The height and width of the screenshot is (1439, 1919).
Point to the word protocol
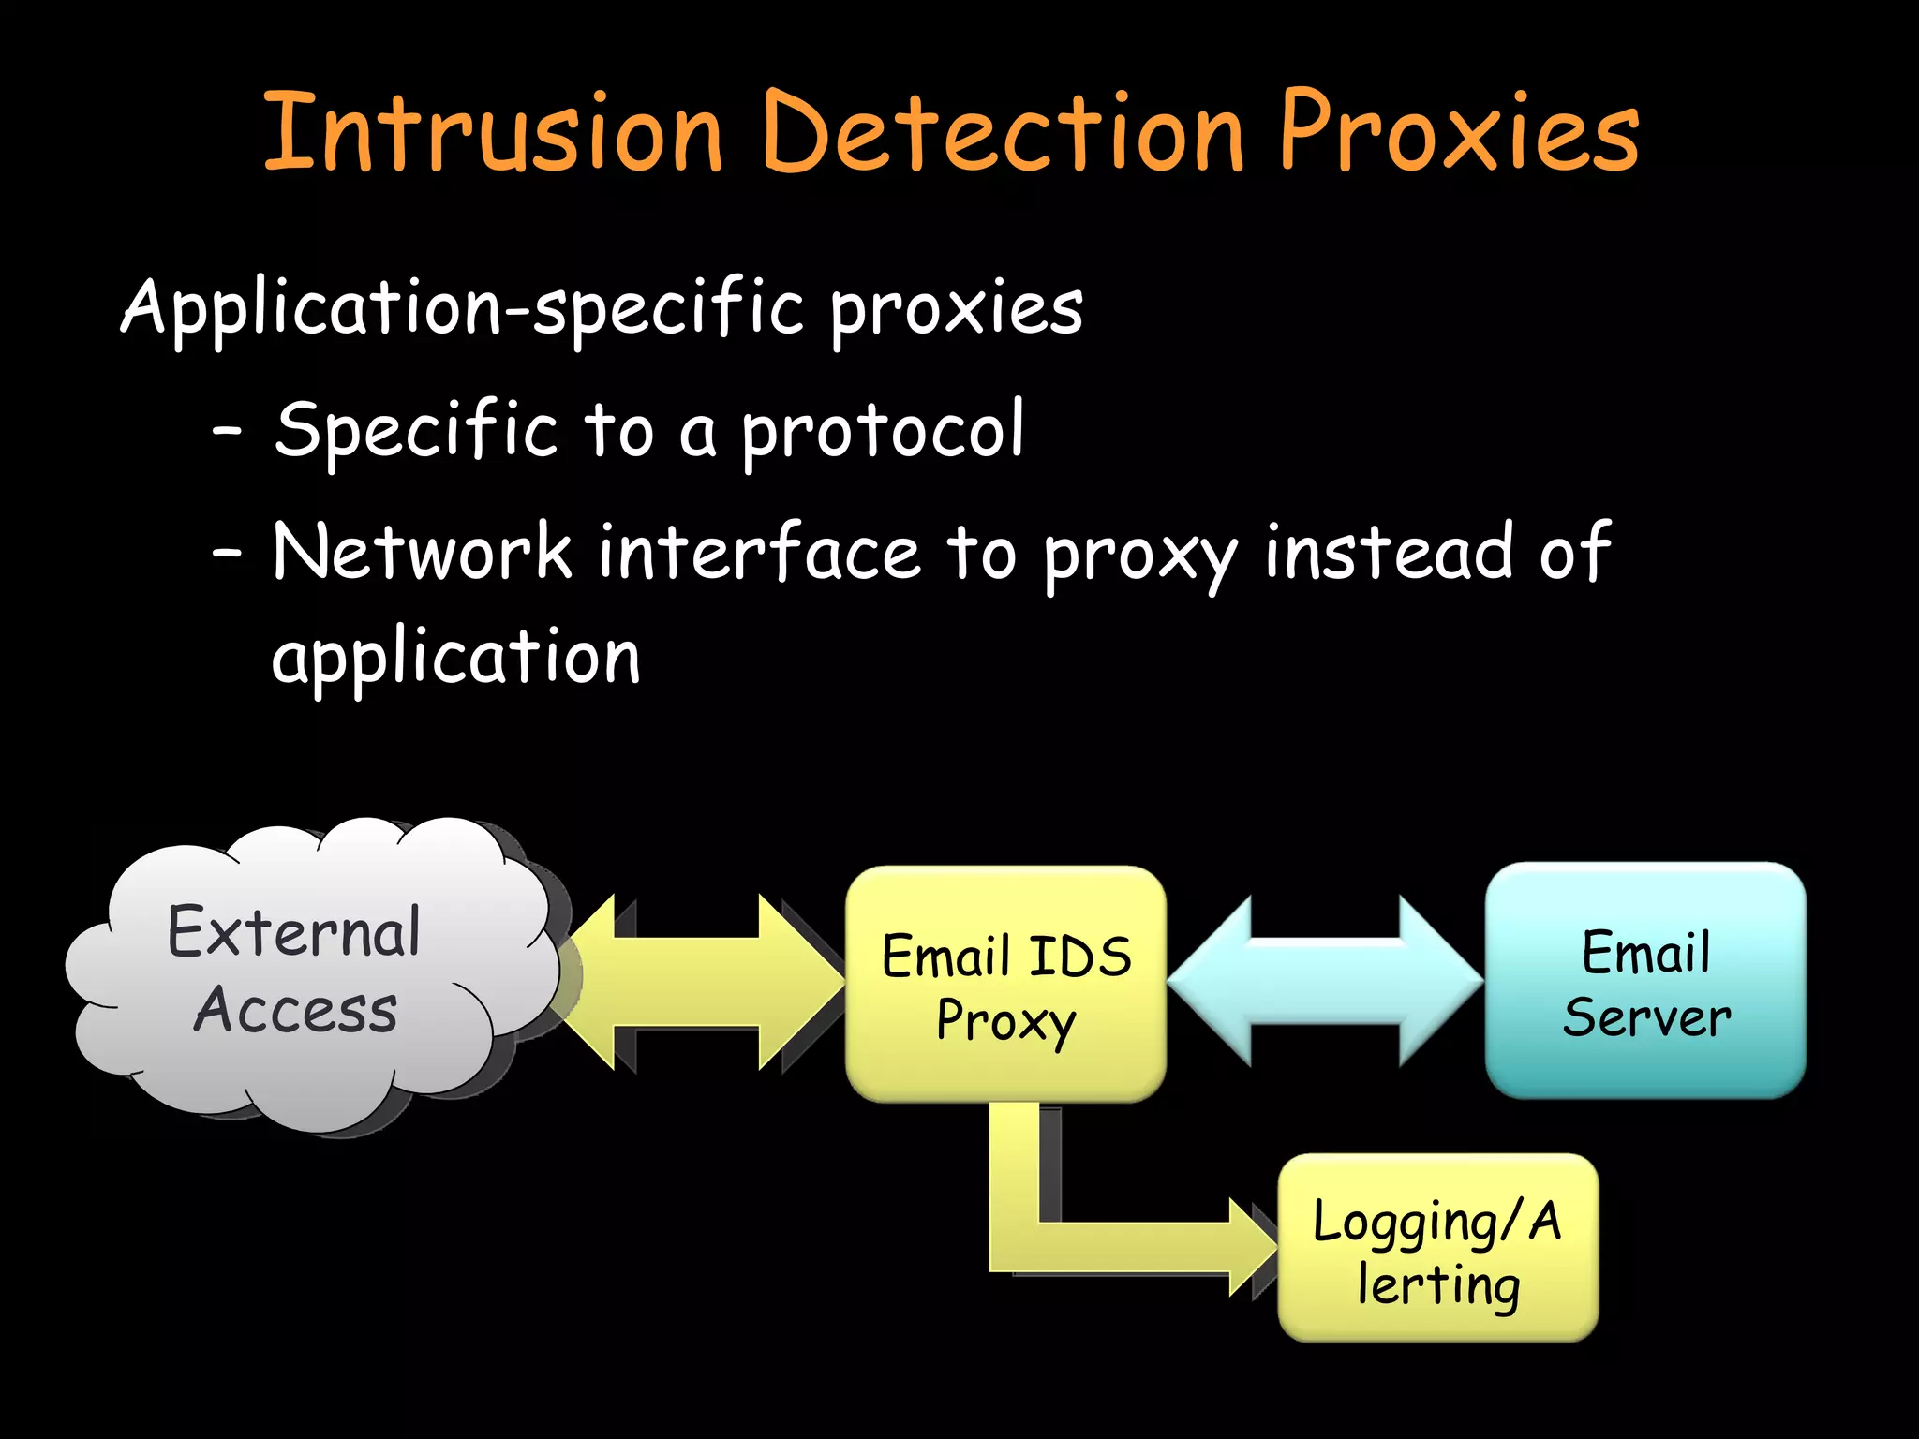[884, 431]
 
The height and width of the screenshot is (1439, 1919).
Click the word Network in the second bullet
[422, 553]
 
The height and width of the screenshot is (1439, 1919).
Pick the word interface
[759, 553]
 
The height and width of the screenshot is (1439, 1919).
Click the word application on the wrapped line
[455, 658]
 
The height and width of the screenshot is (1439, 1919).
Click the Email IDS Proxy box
[1005, 984]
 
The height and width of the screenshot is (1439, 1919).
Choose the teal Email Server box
[1645, 981]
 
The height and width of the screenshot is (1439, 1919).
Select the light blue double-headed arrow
[1325, 982]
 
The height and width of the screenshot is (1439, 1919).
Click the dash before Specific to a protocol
[227, 432]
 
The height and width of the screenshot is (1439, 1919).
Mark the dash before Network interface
[227, 554]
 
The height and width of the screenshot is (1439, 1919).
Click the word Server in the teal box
[1646, 1017]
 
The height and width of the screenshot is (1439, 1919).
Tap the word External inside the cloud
[294, 933]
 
